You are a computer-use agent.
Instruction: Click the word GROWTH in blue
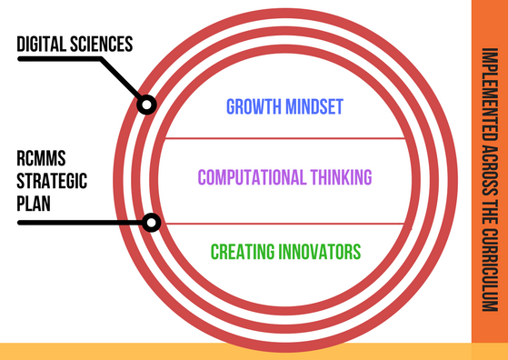[252, 107]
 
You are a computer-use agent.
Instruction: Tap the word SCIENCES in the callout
[105, 43]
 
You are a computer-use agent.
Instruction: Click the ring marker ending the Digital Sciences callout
[145, 105]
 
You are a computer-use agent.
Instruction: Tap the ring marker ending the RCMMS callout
[152, 222]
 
